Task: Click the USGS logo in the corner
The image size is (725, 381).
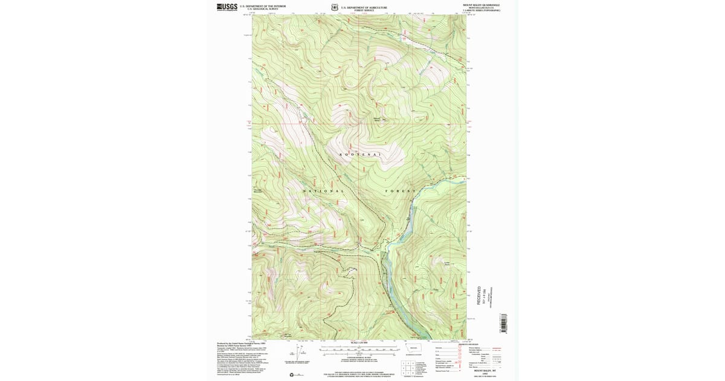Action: click(x=227, y=7)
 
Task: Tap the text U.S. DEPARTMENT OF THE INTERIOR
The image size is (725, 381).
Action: click(x=262, y=6)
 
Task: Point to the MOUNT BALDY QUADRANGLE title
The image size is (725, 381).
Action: click(x=482, y=4)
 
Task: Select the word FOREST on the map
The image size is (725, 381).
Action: click(x=401, y=191)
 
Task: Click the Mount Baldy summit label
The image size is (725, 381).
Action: click(x=378, y=119)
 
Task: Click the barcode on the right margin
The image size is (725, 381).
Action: click(x=502, y=324)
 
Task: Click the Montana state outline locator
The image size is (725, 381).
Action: click(x=414, y=349)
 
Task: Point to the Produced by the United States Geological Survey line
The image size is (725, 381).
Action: click(x=242, y=343)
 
